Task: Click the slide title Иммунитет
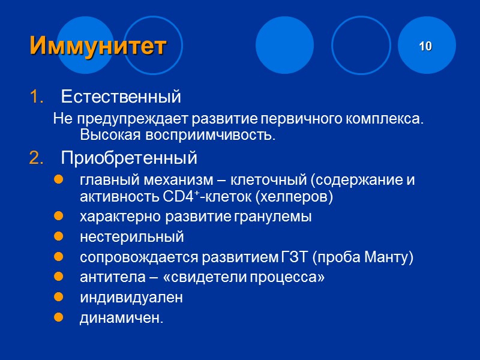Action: click(x=98, y=46)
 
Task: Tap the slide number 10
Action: click(x=425, y=46)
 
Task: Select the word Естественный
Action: click(x=121, y=96)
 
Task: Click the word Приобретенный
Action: click(x=129, y=158)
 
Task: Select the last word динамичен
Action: click(x=121, y=318)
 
